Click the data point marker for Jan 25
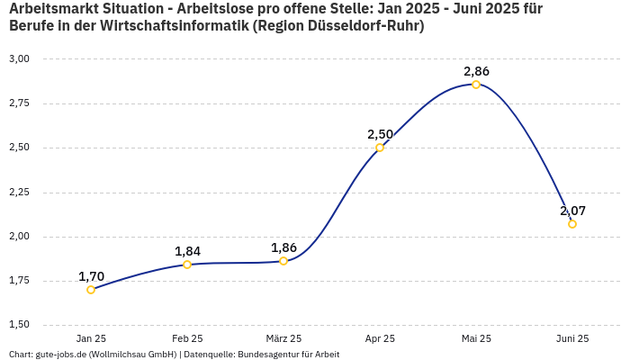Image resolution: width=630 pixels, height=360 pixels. click(x=91, y=290)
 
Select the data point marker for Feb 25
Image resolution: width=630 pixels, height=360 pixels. click(x=187, y=265)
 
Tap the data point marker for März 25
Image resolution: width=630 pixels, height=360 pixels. click(x=283, y=261)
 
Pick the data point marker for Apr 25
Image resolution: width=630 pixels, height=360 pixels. click(x=380, y=148)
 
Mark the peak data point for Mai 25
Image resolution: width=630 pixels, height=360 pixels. click(x=476, y=85)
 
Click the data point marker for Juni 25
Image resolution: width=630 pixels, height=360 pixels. click(x=572, y=224)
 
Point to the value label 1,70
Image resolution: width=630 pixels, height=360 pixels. click(x=91, y=276)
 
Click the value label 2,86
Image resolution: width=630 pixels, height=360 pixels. click(x=476, y=71)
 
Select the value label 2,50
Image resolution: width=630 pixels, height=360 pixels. click(x=380, y=134)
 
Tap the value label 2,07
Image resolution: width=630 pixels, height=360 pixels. click(x=572, y=211)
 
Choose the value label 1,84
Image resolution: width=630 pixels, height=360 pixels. click(x=187, y=251)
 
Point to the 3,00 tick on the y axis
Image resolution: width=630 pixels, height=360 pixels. click(x=19, y=59)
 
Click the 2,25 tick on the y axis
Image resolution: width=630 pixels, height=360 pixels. click(x=19, y=193)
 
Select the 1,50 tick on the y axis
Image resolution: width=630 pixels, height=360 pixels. click(x=19, y=325)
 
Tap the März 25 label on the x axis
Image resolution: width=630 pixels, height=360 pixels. click(x=283, y=339)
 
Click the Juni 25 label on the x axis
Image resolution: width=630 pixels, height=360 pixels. click(x=572, y=339)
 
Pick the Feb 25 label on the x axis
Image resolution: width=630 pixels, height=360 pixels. click(x=187, y=339)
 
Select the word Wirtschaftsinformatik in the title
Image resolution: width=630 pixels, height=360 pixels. click(x=173, y=26)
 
